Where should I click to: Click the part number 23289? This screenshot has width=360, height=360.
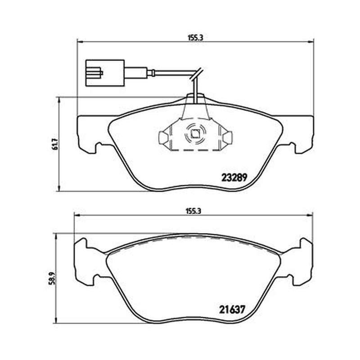pos(234,177)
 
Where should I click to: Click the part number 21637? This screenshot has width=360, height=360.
pos(232,310)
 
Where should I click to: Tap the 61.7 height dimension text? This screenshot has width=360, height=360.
pos(55,144)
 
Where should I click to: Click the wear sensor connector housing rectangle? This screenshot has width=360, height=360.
pos(105,73)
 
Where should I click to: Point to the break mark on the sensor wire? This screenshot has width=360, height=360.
pos(196,74)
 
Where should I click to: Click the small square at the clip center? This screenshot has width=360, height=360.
pos(195,134)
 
